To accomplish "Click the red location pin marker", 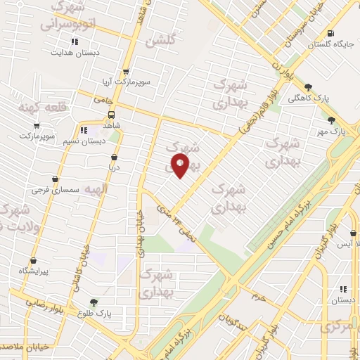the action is (181, 166).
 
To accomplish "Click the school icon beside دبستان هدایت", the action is (74, 51).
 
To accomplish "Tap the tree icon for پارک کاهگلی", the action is (308, 87).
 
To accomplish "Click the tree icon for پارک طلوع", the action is (84, 301).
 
